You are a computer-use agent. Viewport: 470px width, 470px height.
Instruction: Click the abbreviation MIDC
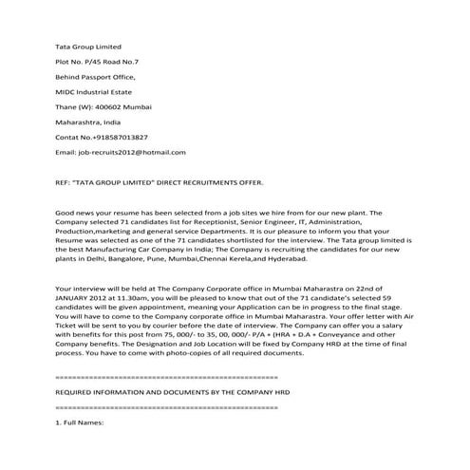(x=66, y=91)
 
